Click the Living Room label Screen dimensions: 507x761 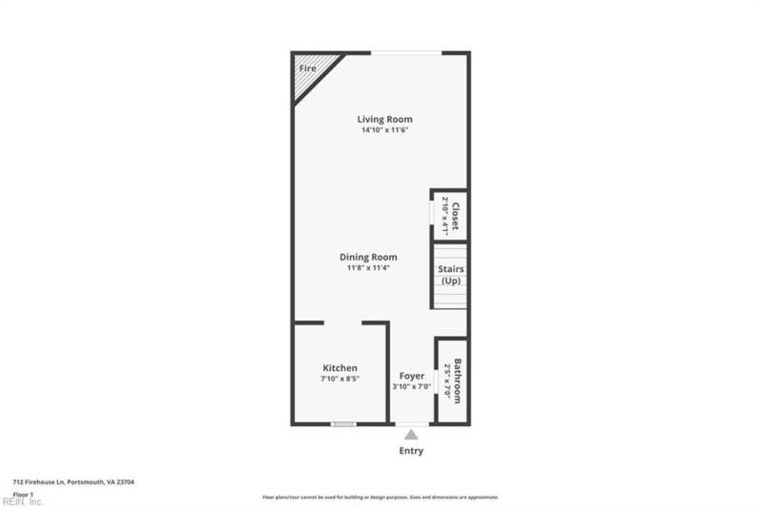point(384,119)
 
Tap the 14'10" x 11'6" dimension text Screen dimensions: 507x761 point(384,130)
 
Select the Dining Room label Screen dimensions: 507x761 point(368,257)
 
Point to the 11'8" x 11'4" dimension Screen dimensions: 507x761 point(368,268)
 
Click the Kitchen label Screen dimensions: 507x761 point(340,368)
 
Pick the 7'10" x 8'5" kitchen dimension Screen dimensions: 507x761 point(340,380)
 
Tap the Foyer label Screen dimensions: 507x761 point(412,376)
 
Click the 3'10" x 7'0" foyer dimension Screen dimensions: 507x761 point(412,387)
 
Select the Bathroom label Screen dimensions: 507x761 point(458,380)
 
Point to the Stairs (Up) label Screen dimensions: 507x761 point(451,274)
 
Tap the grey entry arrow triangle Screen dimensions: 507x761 point(411,434)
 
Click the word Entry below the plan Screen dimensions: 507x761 point(411,451)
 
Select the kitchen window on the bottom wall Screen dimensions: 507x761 point(343,423)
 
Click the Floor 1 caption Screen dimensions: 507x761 point(23,495)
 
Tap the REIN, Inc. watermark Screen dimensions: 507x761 point(22,501)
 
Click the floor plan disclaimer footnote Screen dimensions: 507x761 point(380,497)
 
